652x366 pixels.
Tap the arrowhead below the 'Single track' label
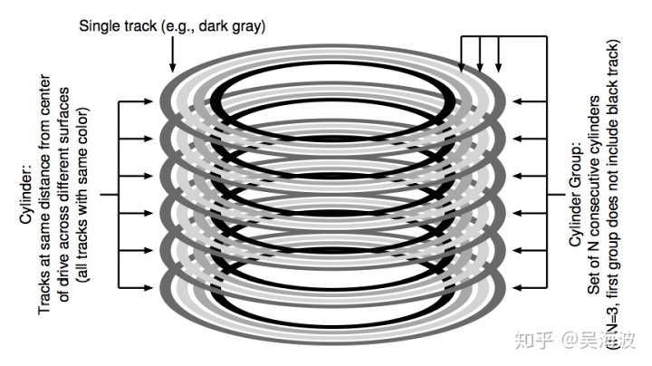coord(171,64)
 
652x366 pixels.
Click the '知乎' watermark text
coord(528,341)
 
